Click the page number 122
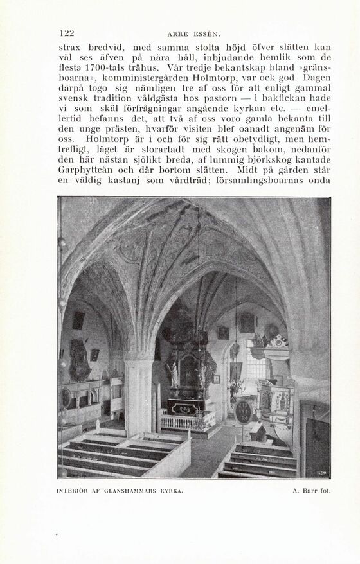[66, 33]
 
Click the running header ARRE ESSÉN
[194, 34]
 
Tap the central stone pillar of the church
[138, 395]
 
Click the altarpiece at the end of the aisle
[189, 373]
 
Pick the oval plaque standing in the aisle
[243, 412]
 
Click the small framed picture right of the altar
[216, 379]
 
